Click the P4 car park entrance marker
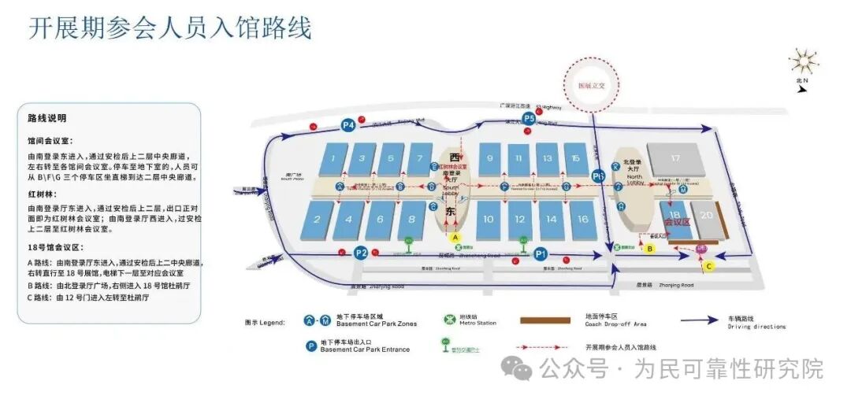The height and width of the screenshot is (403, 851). pyautogui.click(x=348, y=124)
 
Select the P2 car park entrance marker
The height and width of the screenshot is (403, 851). pyautogui.click(x=361, y=253)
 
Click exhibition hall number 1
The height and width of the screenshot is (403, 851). pyautogui.click(x=335, y=161)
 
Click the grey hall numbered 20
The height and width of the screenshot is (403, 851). pyautogui.click(x=706, y=217)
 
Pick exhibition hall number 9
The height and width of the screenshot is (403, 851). pyautogui.click(x=489, y=160)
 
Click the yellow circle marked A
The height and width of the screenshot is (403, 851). pyautogui.click(x=455, y=236)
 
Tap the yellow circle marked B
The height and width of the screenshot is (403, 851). pyautogui.click(x=650, y=249)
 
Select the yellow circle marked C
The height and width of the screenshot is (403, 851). pyautogui.click(x=708, y=266)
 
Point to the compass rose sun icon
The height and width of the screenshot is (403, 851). pyautogui.click(x=803, y=61)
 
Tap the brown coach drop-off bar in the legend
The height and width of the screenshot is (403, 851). pyautogui.click(x=544, y=320)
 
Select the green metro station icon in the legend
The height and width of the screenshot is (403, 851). pyautogui.click(x=448, y=320)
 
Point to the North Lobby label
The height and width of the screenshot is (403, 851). pyautogui.click(x=635, y=179)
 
